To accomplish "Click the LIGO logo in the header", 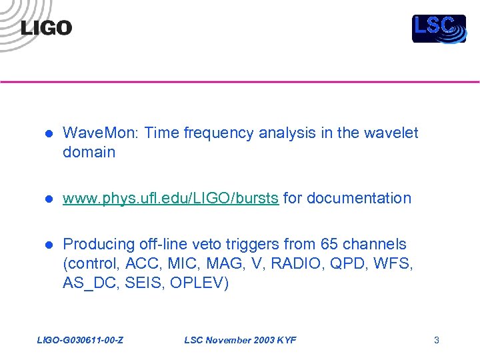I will point(46,28).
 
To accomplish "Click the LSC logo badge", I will point(438,29).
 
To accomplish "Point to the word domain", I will point(89,152).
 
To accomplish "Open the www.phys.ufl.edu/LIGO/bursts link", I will point(171,198).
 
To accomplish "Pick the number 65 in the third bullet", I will point(329,245).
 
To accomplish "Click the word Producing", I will point(98,245).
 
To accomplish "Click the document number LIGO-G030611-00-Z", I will point(81,341).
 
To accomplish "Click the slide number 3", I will point(437,341).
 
